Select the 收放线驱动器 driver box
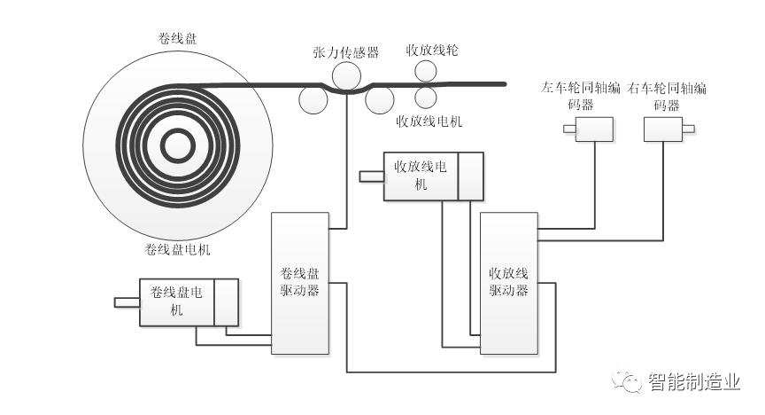pos(508,282)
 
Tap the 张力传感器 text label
pos(345,53)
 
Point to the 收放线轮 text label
pos(432,50)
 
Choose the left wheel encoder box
pos(593,130)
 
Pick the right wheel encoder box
pos(662,130)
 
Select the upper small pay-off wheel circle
pos(425,73)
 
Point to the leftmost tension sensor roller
pos(313,99)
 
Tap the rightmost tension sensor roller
pos(380,99)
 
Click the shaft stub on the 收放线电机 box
pos(371,176)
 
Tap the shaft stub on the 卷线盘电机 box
pos(127,302)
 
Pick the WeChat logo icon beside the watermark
pos(630,382)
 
